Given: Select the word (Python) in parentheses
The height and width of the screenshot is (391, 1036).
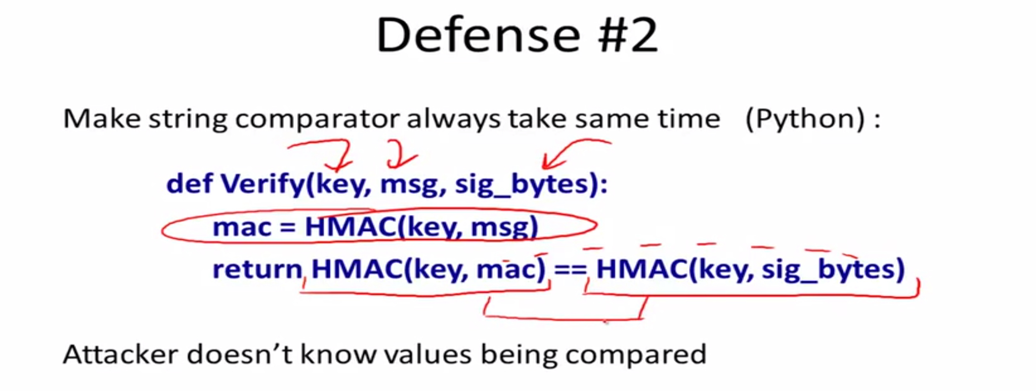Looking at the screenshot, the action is point(805,119).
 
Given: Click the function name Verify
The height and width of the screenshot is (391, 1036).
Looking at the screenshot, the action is point(263,184).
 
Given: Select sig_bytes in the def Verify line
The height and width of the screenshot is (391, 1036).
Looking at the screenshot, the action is point(522,184).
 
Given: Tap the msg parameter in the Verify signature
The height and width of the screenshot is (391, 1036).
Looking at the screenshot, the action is point(409,185).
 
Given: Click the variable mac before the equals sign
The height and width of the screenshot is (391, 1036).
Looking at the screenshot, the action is point(242,228).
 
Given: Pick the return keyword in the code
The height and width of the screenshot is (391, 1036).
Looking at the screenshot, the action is point(257,269).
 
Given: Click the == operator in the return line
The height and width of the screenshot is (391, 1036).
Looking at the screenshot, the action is point(570,270).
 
